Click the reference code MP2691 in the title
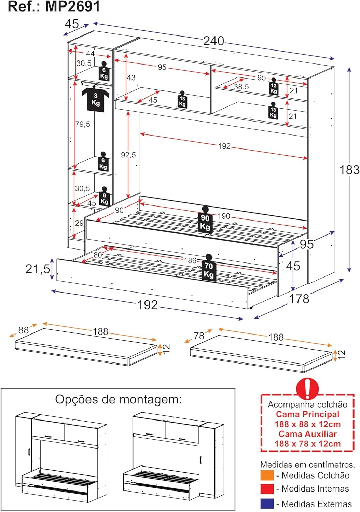click(73, 6)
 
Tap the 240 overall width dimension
click(213, 41)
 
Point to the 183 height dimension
click(349, 170)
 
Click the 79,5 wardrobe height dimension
click(83, 124)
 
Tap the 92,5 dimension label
click(128, 155)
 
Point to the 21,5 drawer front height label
click(38, 269)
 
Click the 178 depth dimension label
click(299, 299)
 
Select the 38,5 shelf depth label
click(241, 87)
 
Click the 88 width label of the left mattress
click(24, 330)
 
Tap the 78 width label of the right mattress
click(199, 336)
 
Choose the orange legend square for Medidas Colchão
click(267, 475)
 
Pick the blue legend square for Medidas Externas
click(267, 504)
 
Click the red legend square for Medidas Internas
click(267, 489)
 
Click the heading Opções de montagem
click(119, 399)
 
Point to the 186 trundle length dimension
click(190, 260)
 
